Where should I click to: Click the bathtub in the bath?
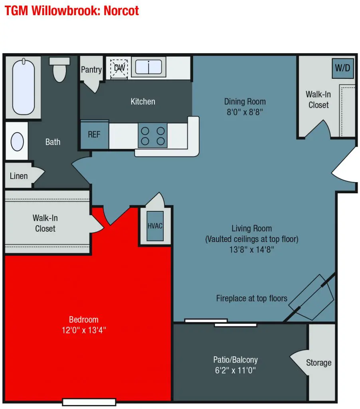(23, 87)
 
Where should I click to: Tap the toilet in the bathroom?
(59, 69)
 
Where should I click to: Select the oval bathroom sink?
(17, 142)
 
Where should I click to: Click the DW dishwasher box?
(119, 68)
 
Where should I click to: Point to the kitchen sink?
(148, 67)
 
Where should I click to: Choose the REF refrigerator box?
(94, 134)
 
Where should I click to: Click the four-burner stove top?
(152, 136)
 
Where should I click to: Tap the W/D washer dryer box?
(342, 68)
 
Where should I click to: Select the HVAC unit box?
(155, 226)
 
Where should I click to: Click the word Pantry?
(91, 69)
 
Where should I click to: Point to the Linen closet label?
(19, 176)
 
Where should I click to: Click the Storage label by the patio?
(318, 363)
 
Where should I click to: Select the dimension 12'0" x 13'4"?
(84, 330)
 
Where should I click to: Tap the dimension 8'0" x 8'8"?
(245, 112)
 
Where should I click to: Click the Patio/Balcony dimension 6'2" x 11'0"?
(235, 370)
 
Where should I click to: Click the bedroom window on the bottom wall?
(89, 402)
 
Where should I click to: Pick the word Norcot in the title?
(121, 11)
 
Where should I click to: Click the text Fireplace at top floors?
(251, 298)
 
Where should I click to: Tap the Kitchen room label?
(143, 101)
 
